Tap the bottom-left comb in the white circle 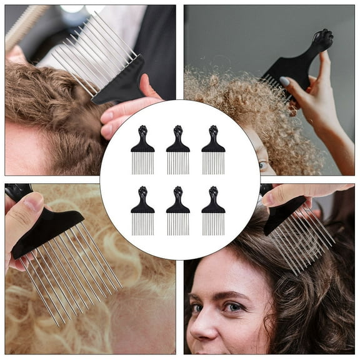142,213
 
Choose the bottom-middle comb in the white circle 178,213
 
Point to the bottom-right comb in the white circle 213,213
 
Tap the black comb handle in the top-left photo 121,81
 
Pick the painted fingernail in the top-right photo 284,82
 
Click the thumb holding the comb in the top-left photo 125,112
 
